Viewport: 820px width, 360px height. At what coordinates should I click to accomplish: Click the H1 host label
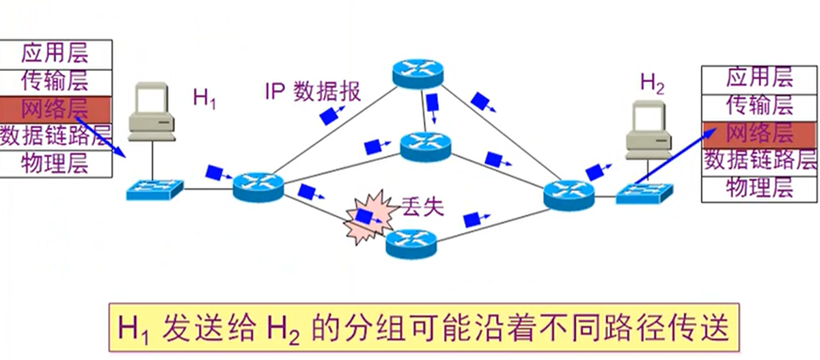[x=204, y=99]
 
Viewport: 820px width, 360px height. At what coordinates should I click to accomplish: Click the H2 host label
[x=652, y=84]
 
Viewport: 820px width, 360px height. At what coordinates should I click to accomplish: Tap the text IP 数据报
[x=313, y=92]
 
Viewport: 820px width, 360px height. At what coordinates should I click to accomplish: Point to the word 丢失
[x=423, y=207]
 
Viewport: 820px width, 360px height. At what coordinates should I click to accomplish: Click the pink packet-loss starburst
[x=370, y=217]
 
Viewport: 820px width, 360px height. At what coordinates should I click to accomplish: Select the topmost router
[x=418, y=74]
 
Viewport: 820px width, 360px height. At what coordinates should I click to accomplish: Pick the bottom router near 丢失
[x=411, y=243]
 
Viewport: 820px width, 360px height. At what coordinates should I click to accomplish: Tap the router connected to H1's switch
[x=258, y=187]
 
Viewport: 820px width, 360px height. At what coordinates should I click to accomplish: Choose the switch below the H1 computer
[x=154, y=189]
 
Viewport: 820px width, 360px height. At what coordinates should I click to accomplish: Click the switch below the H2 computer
[x=644, y=193]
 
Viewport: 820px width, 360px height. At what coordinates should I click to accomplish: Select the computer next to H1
[x=152, y=111]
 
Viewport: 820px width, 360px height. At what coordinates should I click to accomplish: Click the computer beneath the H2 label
[x=648, y=130]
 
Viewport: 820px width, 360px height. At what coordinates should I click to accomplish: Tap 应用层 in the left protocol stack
[x=55, y=53]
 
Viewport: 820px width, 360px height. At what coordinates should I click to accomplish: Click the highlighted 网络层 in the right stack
[x=759, y=133]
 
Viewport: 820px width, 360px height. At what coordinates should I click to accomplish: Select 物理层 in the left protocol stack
[x=55, y=163]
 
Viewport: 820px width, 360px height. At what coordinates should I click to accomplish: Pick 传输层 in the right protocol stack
[x=759, y=105]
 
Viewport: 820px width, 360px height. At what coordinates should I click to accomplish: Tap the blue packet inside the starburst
[x=364, y=217]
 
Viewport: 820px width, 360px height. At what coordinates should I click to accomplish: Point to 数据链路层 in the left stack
[x=55, y=136]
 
